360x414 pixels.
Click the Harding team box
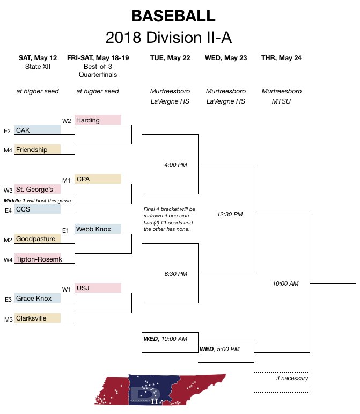point(98,120)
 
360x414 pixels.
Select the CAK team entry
point(38,130)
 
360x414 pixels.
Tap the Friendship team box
point(38,150)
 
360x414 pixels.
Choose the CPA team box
point(98,179)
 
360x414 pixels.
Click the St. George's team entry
point(38,189)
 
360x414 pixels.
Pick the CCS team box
point(38,209)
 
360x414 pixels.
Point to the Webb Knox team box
point(98,229)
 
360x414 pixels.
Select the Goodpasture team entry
point(38,239)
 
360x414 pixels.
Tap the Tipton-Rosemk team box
point(38,259)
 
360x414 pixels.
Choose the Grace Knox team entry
point(38,299)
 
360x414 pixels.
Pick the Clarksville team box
point(38,318)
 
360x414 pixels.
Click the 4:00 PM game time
point(175,165)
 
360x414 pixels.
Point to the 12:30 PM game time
point(230,214)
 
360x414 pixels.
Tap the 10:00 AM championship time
point(285,284)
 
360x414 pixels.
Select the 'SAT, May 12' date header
point(38,58)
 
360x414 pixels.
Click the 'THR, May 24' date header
point(281,58)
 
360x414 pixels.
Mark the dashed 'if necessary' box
point(282,378)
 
